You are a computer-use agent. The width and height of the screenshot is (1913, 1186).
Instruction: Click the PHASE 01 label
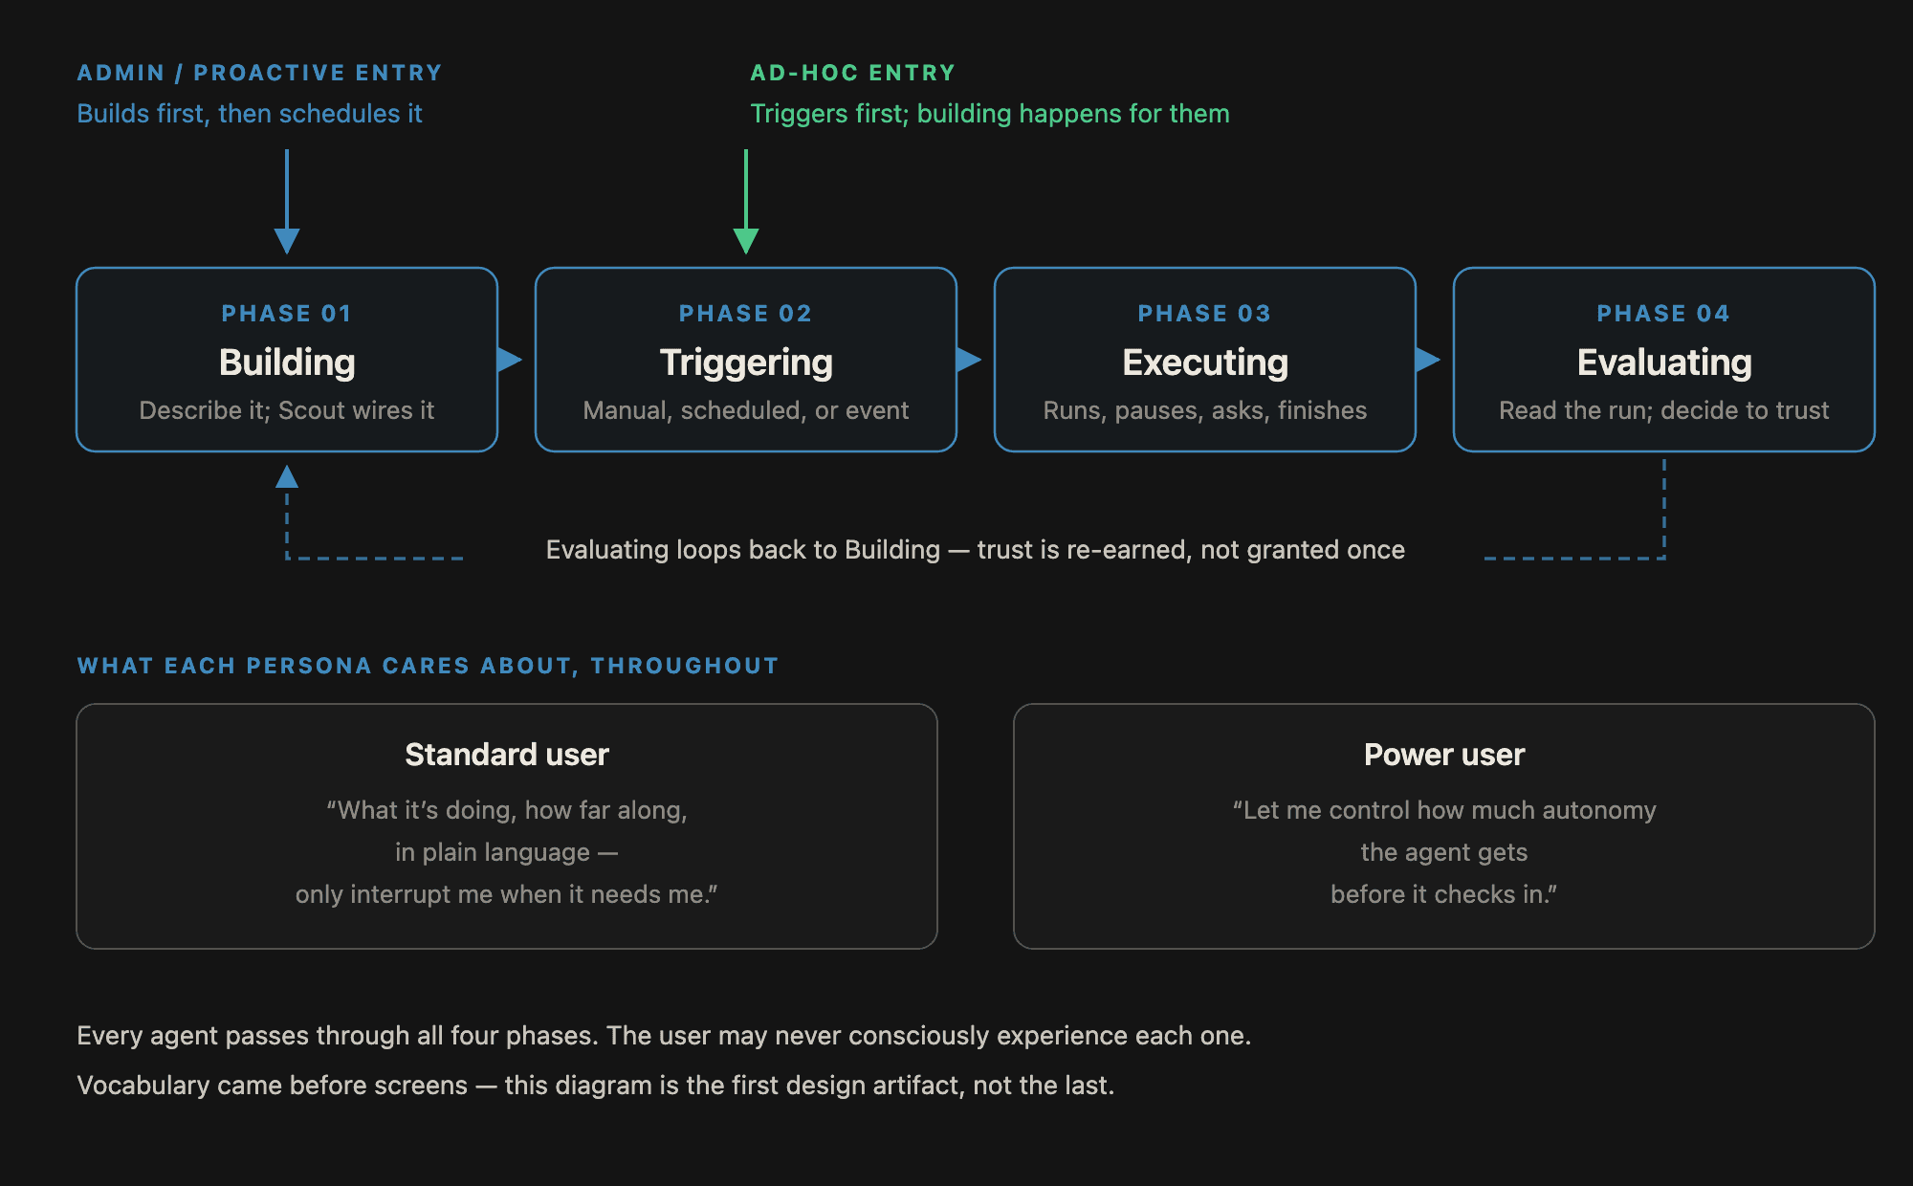point(287,314)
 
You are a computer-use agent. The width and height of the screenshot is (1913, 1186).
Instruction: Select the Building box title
point(287,362)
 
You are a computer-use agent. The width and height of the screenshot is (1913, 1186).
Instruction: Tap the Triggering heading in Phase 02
point(746,363)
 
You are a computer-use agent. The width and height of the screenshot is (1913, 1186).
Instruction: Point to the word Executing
point(1205,363)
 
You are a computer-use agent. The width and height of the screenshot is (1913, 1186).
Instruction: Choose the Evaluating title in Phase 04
point(1664,363)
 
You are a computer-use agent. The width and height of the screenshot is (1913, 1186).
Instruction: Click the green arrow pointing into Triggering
point(746,201)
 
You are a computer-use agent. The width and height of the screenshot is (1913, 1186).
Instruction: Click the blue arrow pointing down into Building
point(287,201)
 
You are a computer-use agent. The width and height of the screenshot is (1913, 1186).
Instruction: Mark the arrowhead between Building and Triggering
point(510,360)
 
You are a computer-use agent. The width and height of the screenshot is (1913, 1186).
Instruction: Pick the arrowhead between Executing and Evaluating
point(1428,360)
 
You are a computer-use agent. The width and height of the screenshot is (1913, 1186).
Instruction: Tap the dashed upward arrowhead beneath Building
point(287,476)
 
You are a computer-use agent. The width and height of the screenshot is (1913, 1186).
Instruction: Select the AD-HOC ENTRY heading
point(853,73)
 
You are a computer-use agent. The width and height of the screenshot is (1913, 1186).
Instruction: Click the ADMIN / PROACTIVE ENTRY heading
point(260,73)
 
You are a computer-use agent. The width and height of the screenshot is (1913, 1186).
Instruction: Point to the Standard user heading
point(507,755)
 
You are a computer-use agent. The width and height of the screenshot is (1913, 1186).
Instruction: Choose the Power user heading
point(1444,755)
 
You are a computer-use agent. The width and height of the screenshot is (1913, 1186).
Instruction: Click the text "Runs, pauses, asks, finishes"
point(1205,410)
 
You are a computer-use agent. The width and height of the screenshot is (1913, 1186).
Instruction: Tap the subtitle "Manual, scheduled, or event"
point(746,410)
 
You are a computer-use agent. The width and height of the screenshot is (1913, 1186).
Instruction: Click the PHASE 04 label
point(1664,314)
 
